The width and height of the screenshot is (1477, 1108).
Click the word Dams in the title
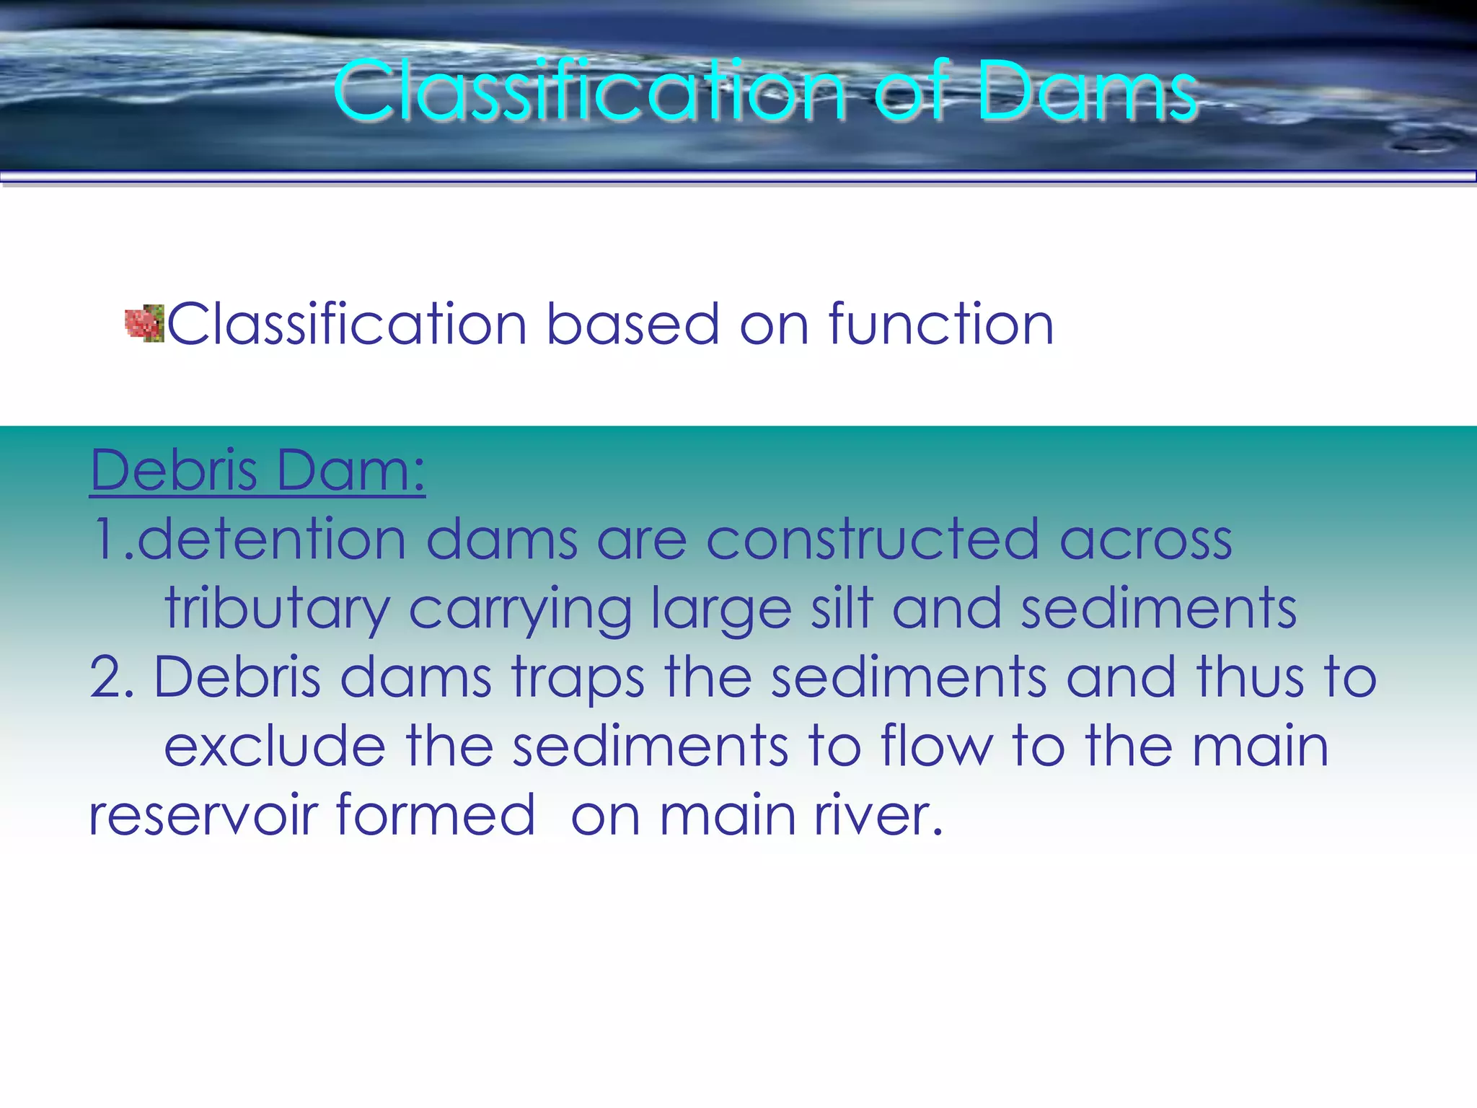click(1088, 92)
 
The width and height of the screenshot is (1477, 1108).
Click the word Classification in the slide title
click(589, 92)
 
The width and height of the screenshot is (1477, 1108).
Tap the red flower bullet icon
click(144, 323)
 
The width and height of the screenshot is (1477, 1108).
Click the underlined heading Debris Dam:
click(257, 470)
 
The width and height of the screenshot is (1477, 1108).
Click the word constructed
click(872, 540)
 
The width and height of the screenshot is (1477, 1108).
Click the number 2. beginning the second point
click(112, 677)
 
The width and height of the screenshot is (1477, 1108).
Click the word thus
click(1250, 677)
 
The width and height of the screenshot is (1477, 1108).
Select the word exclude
click(275, 747)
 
